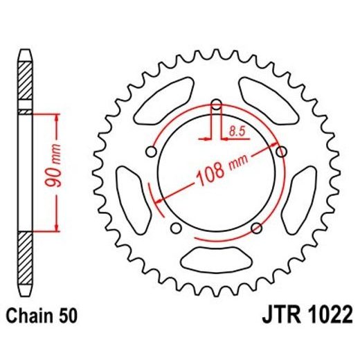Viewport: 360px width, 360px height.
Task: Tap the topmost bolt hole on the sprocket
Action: point(216,105)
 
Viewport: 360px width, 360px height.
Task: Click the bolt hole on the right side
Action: point(281,151)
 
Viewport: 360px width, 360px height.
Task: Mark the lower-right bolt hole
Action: point(256,228)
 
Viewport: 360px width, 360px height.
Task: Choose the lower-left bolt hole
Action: point(176,228)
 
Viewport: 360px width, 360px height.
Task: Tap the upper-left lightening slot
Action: point(166,97)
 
